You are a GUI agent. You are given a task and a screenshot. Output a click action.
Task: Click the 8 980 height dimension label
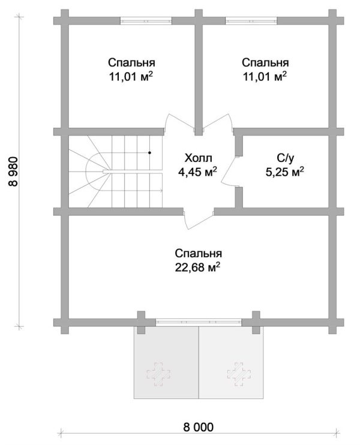tap(13, 172)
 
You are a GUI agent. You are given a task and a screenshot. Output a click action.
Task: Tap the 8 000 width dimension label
tap(198, 427)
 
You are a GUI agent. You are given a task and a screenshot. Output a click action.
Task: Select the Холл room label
tap(198, 158)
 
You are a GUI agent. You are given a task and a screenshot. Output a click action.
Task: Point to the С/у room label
tap(285, 159)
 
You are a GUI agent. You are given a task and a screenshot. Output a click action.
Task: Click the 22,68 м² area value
tap(198, 267)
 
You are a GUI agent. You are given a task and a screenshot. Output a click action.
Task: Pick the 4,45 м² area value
tap(198, 172)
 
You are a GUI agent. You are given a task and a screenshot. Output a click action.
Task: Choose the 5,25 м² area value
tap(285, 172)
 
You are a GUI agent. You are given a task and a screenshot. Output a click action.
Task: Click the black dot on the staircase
tap(149, 153)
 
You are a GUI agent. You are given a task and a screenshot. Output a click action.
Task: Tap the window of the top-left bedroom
tap(146, 21)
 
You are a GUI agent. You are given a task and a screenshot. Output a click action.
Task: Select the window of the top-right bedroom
tap(251, 21)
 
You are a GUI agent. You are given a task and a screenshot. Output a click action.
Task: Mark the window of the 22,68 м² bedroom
tap(199, 322)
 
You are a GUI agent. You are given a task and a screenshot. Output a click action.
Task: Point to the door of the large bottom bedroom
tap(198, 220)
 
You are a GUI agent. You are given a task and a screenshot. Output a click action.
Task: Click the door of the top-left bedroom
tap(179, 122)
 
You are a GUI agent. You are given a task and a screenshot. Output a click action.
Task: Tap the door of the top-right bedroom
tap(218, 122)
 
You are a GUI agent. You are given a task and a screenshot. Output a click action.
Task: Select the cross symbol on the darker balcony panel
tap(158, 374)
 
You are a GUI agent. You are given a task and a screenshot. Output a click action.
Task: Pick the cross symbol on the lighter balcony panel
tap(239, 374)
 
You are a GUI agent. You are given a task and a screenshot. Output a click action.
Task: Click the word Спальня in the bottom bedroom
tap(198, 253)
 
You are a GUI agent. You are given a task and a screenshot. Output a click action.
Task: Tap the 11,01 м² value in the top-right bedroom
tap(265, 76)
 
